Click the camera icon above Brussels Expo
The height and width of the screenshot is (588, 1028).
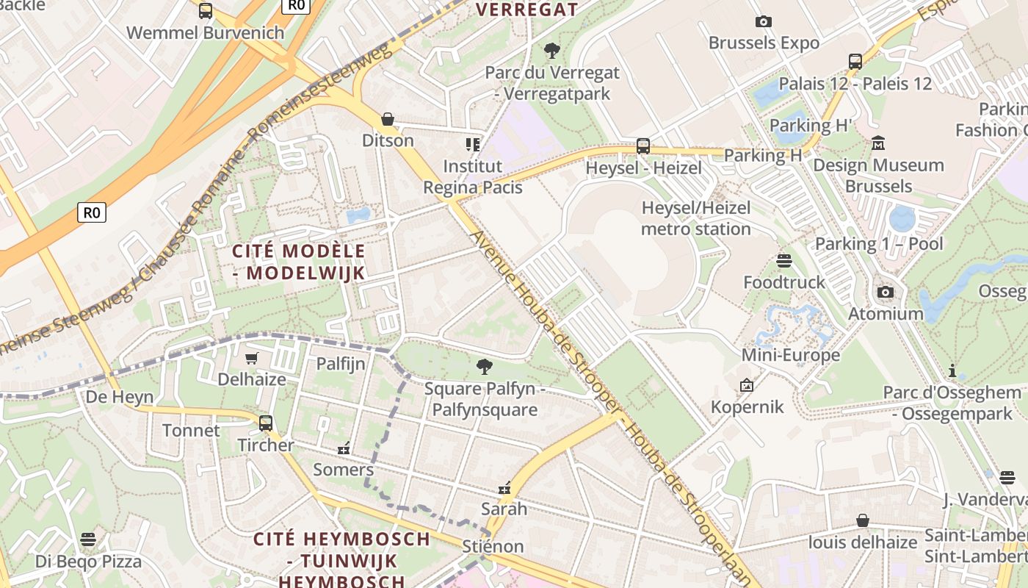pos(764,22)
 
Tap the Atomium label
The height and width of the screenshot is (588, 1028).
pos(886,314)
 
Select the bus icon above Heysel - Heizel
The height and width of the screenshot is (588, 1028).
pos(643,146)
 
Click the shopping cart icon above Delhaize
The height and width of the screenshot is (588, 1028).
pos(252,358)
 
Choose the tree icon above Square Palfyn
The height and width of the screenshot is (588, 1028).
pos(484,366)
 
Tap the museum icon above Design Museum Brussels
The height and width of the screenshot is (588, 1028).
pos(877,143)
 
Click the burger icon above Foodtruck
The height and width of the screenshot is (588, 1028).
pos(784,261)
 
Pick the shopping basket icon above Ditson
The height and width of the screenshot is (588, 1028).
pos(388,119)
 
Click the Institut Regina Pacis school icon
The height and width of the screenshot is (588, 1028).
pos(472,144)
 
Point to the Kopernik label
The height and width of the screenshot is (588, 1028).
pos(748,406)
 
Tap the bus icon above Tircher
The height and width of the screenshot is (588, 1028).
pos(266,423)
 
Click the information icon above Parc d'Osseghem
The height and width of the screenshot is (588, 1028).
pos(952,370)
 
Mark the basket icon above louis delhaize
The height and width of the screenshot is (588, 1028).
pos(863,521)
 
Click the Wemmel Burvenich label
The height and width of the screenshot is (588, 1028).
pos(205,32)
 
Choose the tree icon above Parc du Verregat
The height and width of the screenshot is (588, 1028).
pos(552,51)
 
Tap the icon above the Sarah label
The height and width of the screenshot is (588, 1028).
pos(504,487)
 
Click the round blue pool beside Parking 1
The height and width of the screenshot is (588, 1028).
pos(901,218)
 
